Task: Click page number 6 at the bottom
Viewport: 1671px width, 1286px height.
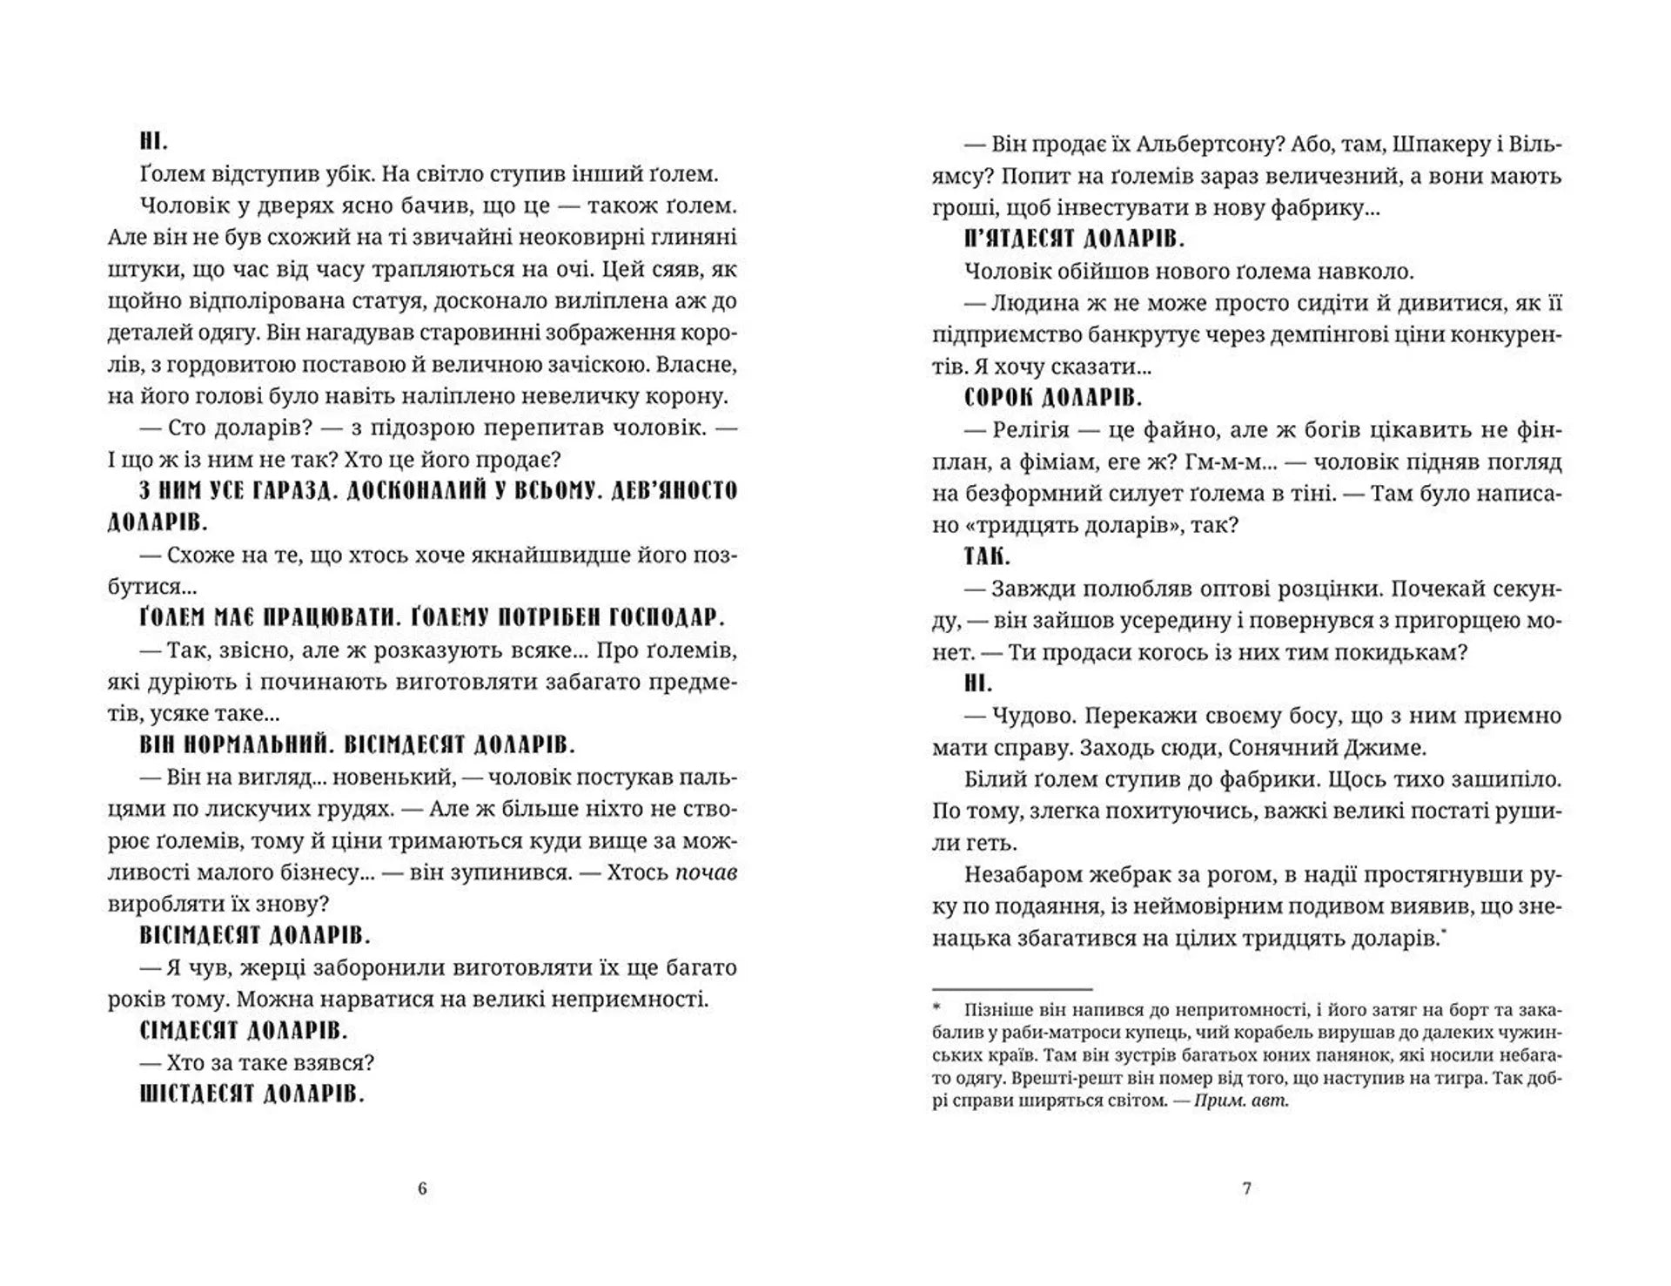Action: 423,1188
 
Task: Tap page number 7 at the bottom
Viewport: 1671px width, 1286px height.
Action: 1246,1188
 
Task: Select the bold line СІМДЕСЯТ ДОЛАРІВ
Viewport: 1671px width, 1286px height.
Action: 244,1031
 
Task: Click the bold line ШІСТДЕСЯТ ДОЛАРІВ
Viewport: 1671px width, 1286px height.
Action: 252,1094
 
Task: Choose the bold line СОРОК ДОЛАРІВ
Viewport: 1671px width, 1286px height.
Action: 1053,398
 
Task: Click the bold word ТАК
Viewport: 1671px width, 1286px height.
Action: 987,556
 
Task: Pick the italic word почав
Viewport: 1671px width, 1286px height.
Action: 707,872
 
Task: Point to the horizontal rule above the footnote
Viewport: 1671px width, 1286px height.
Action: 1011,989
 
